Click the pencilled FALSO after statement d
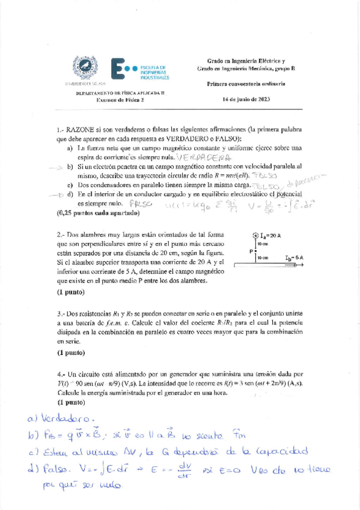pos(142,204)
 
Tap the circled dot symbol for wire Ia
pos(255,236)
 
